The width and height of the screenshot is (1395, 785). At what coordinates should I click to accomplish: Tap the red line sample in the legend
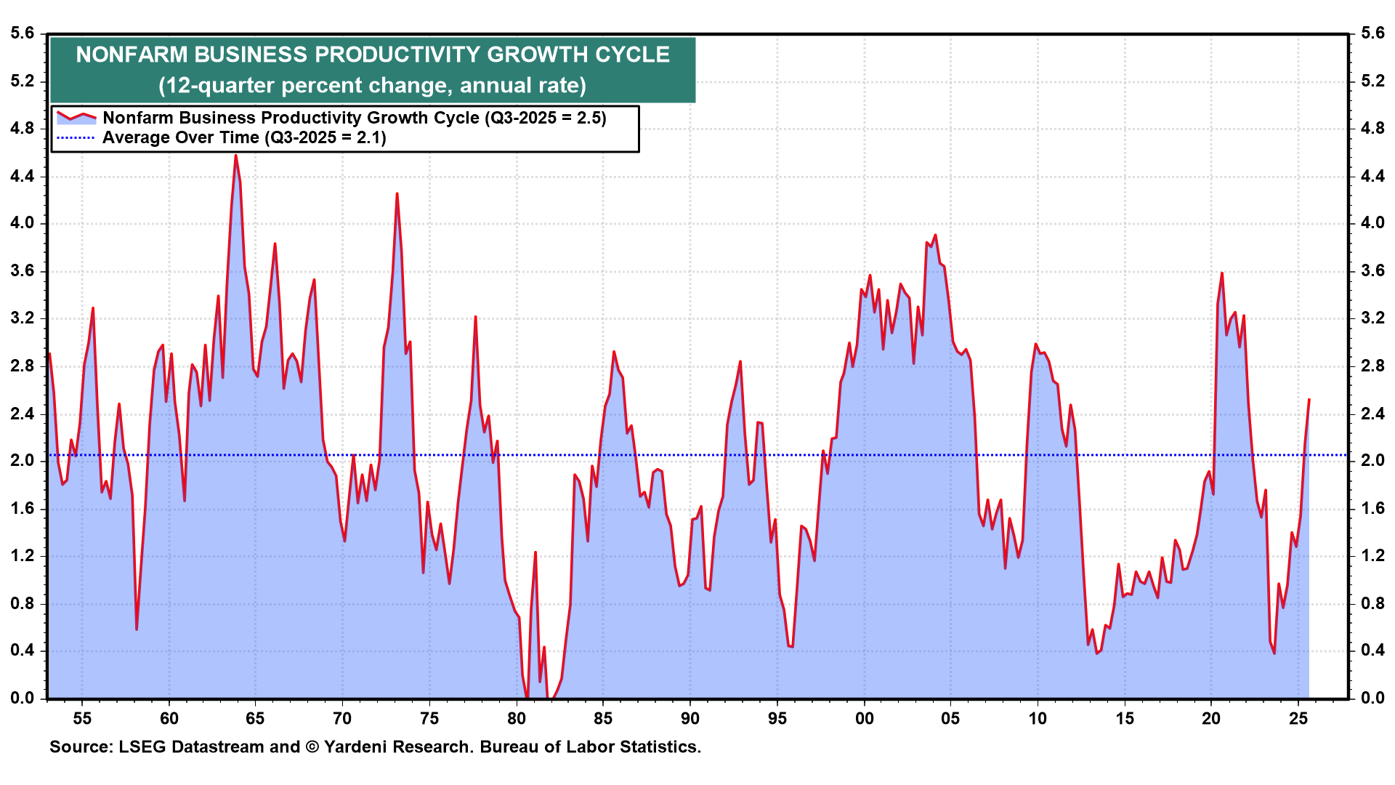click(76, 117)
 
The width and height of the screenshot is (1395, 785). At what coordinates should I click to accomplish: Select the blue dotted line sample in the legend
click(76, 137)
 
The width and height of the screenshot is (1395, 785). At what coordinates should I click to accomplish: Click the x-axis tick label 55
click(82, 719)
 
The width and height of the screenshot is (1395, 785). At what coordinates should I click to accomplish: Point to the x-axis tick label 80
click(517, 719)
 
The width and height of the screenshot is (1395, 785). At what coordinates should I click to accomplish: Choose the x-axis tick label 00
click(864, 719)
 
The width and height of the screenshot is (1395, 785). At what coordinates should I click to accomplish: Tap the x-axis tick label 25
click(1298, 719)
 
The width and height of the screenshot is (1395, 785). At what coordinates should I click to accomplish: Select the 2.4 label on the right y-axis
click(1372, 414)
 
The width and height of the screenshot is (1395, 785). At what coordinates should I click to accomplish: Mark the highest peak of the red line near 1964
click(235, 155)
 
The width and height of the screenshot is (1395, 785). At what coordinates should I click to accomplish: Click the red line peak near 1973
click(397, 193)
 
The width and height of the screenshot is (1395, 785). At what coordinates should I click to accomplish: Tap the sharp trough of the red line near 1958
click(137, 629)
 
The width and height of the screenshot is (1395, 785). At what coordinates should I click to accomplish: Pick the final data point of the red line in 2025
click(1309, 399)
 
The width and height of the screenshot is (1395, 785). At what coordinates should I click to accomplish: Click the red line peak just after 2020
click(1222, 273)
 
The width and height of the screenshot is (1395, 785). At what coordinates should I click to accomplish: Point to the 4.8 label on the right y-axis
click(1372, 129)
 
